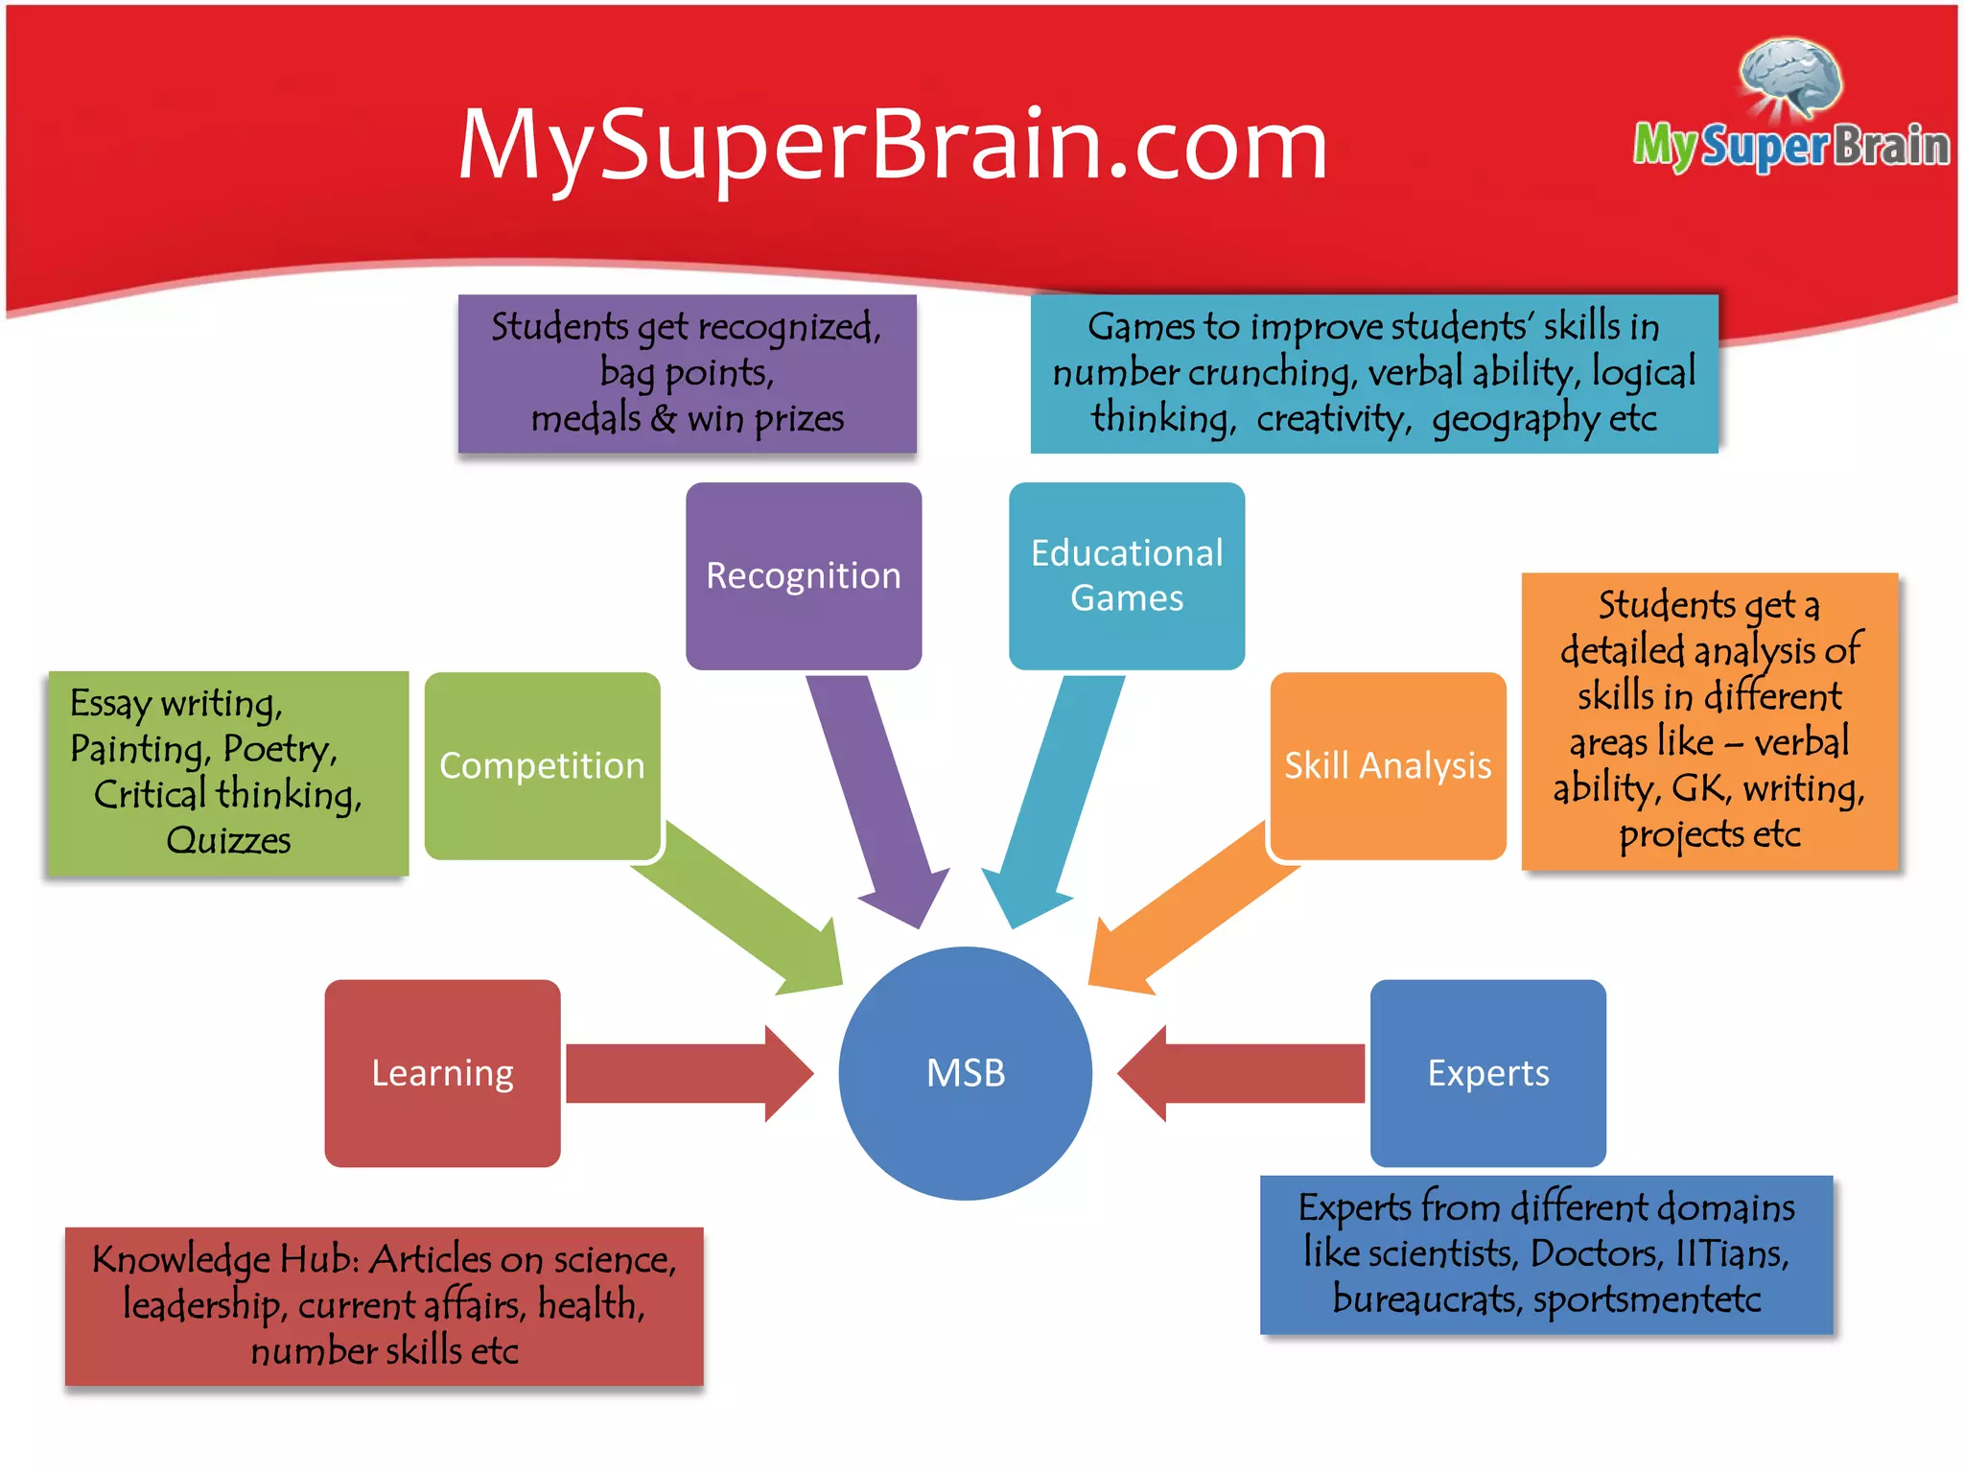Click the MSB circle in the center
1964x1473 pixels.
pyautogui.click(x=965, y=1073)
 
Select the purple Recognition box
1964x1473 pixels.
pyautogui.click(x=804, y=575)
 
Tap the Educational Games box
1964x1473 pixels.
pyautogui.click(x=1127, y=575)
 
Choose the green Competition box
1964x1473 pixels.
pyautogui.click(x=542, y=765)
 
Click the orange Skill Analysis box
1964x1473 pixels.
pyautogui.click(x=1388, y=765)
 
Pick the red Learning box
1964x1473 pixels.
pyautogui.click(x=442, y=1073)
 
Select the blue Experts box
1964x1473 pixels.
pyautogui.click(x=1487, y=1073)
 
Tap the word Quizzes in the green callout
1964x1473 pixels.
pyautogui.click(x=228, y=840)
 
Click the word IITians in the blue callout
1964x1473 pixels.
pyautogui.click(x=1732, y=1252)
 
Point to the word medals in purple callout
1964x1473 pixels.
pyautogui.click(x=586, y=418)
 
